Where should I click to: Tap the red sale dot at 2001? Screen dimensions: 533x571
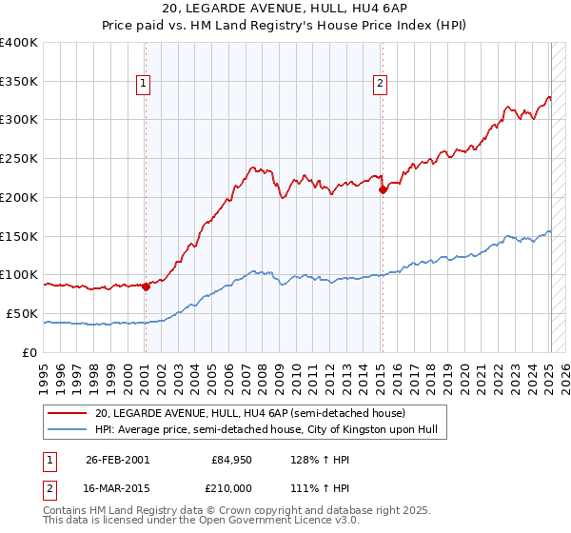(x=146, y=286)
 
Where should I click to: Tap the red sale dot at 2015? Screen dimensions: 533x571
(x=383, y=190)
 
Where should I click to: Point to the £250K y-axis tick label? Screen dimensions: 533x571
(x=19, y=159)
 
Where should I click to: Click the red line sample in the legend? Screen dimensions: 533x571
(x=67, y=413)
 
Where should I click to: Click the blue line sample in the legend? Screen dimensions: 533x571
(x=67, y=429)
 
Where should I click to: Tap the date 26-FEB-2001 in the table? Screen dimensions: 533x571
(x=117, y=460)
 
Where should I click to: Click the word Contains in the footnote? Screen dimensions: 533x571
(x=65, y=512)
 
